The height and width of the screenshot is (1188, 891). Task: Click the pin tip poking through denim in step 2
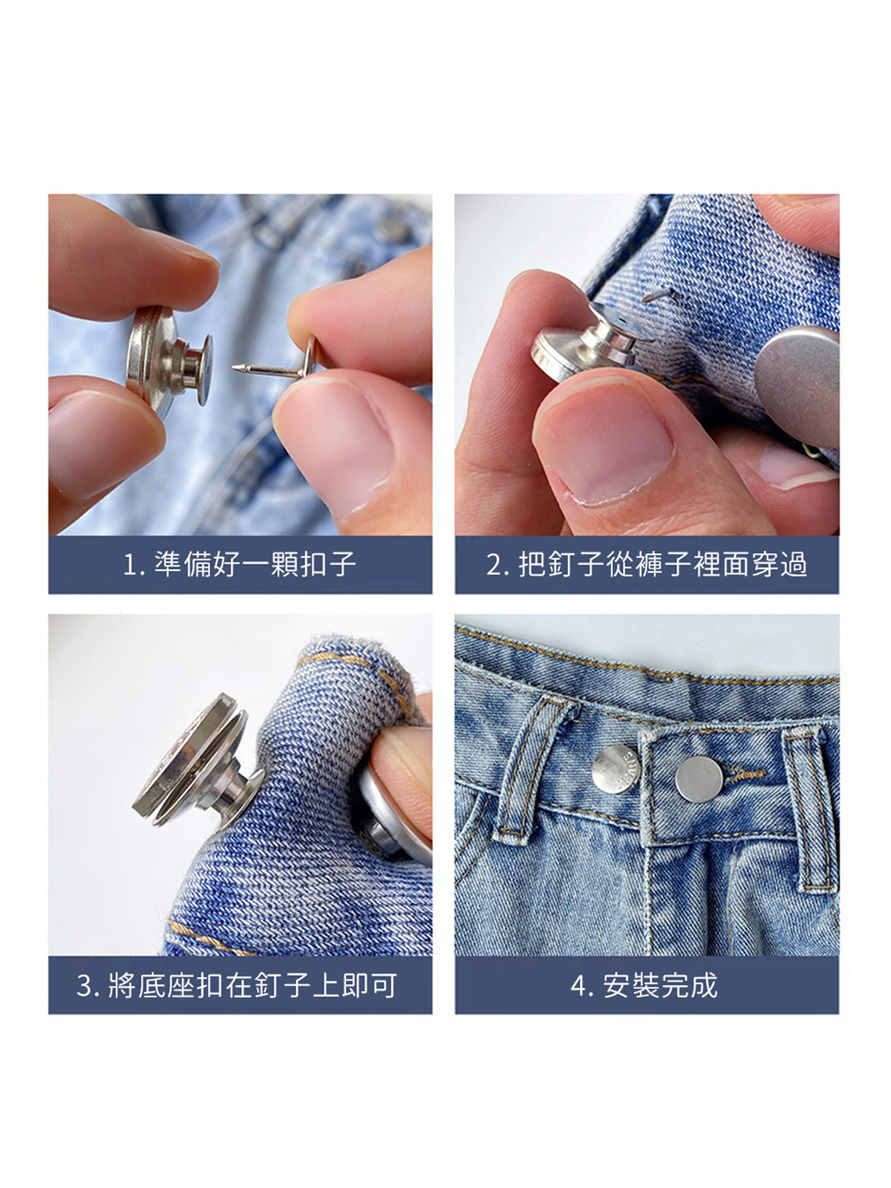(659, 295)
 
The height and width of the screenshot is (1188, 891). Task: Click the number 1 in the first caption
(129, 565)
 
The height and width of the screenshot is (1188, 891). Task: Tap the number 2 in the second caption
(494, 565)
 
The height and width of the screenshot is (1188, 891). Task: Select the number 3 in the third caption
(85, 985)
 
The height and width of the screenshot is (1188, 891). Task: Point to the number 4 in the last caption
(579, 985)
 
